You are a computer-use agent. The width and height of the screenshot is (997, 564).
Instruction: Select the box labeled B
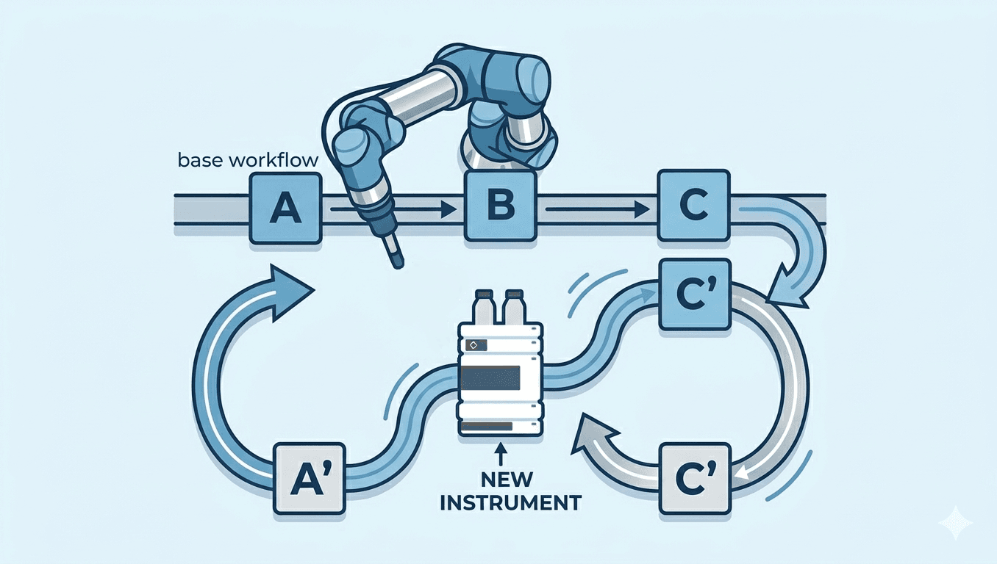pos(500,207)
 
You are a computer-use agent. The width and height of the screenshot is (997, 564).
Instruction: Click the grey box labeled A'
pos(309,478)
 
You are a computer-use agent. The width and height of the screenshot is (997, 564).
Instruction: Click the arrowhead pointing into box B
pos(451,209)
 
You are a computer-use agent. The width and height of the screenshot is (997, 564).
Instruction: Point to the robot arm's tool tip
pos(396,260)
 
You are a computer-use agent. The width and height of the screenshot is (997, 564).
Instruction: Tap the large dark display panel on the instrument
pos(490,377)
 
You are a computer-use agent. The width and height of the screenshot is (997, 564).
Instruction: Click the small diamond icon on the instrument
pos(473,344)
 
